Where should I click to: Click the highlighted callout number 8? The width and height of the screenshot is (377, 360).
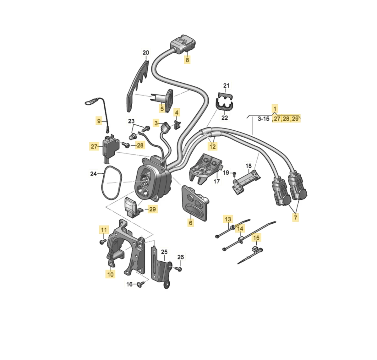point(187,59)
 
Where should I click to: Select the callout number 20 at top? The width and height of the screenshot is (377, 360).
point(146,52)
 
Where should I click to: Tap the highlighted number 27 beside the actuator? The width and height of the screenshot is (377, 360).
point(94,146)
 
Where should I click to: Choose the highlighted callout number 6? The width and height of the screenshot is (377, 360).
point(191,222)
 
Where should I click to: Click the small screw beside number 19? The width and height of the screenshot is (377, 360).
point(234,173)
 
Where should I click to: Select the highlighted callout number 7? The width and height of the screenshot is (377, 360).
point(295,217)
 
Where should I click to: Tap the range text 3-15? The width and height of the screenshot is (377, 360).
point(264,119)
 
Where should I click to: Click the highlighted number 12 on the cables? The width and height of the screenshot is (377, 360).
point(213,146)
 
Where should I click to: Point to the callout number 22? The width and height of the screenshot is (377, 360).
point(225,118)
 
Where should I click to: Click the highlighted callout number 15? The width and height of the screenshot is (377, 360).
point(256,238)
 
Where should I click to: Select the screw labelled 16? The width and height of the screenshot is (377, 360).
point(140,284)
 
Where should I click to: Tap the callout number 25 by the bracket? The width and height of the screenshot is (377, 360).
point(164,252)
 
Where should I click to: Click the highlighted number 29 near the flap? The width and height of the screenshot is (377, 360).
point(152,209)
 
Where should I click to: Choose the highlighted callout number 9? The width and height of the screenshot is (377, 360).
point(99,121)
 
